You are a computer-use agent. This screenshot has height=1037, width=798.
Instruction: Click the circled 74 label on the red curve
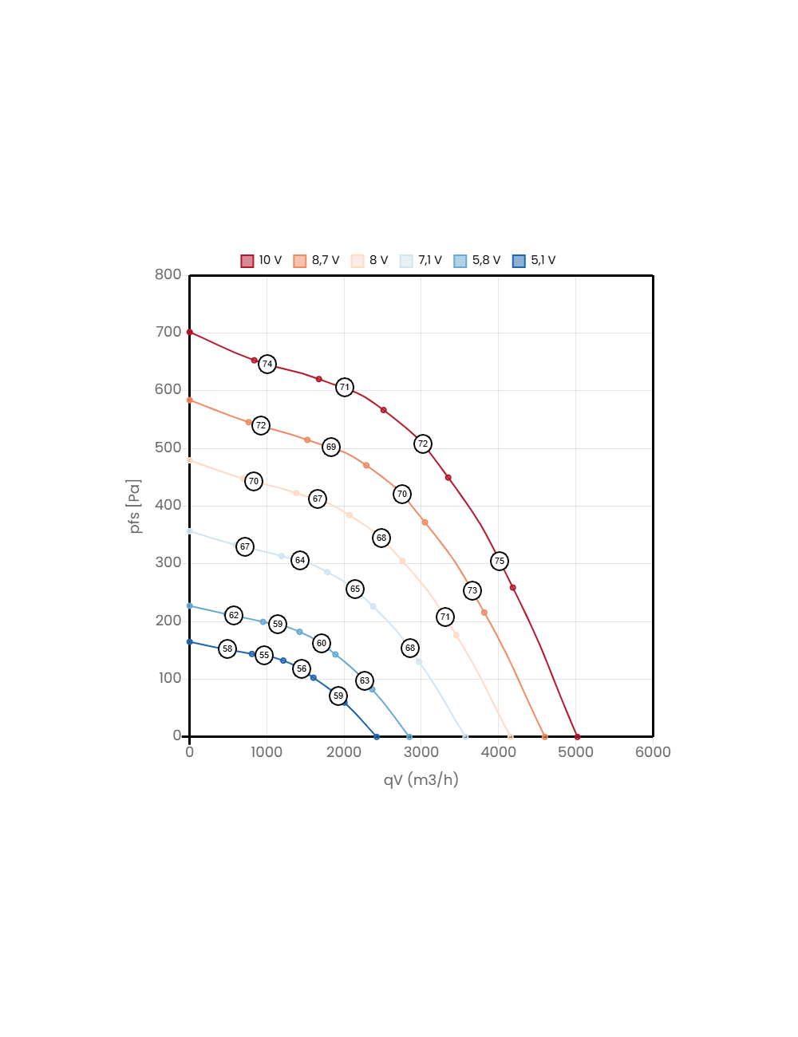[x=267, y=364]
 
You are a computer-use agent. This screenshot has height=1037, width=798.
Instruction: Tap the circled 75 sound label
[x=500, y=561]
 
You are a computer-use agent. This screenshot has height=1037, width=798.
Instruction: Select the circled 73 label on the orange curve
[x=472, y=590]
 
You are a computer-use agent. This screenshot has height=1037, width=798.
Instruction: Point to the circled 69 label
[x=331, y=447]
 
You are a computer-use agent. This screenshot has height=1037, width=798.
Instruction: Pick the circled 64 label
[x=300, y=560]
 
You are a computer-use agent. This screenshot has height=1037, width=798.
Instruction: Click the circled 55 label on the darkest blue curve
[x=264, y=655]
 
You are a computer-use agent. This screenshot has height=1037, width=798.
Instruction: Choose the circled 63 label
[x=365, y=680]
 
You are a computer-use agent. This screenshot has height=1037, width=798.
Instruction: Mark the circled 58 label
[x=227, y=649]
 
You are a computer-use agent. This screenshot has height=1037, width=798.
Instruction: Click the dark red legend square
[x=247, y=262]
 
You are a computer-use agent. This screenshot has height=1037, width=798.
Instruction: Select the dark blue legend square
[x=519, y=262]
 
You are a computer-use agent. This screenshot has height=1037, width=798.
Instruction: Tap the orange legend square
[x=300, y=262]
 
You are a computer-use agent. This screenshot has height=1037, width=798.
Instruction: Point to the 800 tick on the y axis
[x=168, y=274]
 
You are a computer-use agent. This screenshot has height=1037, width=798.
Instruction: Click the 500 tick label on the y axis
[x=168, y=448]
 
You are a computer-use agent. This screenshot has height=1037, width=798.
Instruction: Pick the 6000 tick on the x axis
[x=653, y=752]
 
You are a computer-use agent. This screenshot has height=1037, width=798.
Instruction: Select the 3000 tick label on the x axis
[x=421, y=752]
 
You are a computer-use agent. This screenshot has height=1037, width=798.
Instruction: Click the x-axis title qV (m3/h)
[x=421, y=779]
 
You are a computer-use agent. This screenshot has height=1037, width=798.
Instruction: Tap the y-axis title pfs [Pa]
[x=135, y=506]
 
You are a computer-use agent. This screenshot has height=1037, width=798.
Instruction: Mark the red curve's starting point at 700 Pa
[x=189, y=332]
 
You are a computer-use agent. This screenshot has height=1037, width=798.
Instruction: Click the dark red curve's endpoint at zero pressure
[x=577, y=736]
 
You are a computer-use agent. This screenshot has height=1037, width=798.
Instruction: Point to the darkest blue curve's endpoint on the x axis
[x=377, y=736]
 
